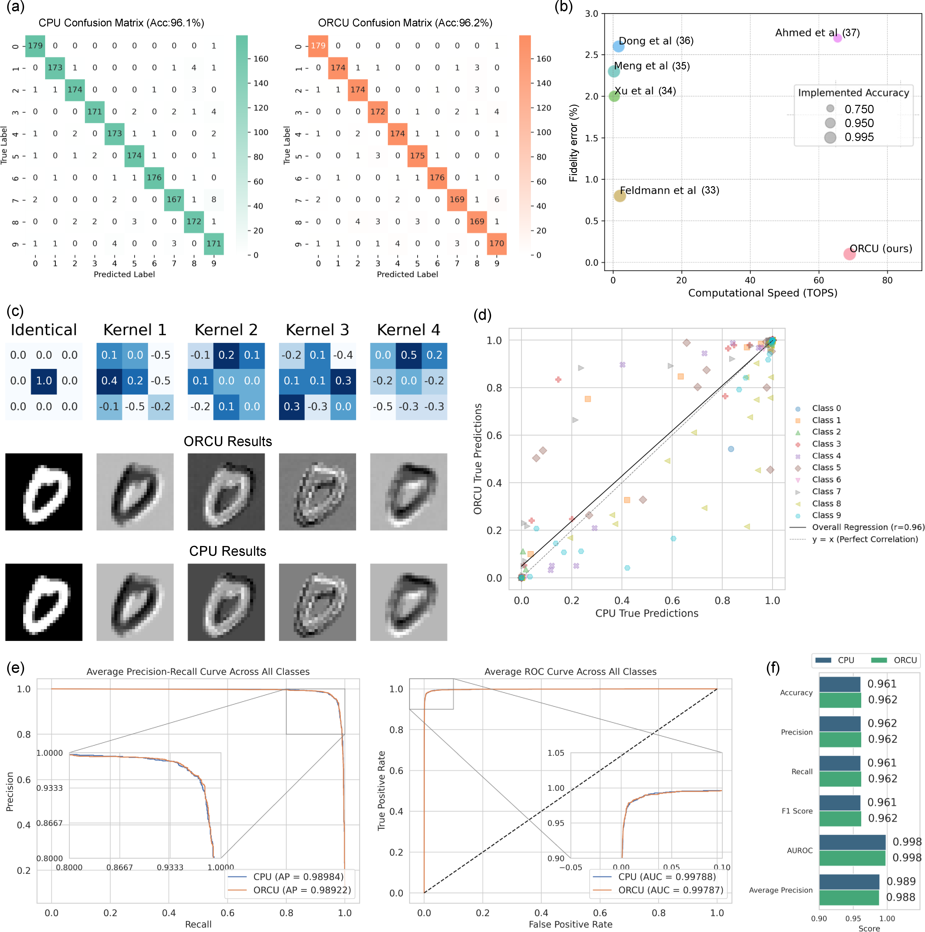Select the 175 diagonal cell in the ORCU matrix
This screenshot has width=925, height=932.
point(417,155)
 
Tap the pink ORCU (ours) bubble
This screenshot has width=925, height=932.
point(849,254)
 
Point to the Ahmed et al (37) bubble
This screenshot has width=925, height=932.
point(837,38)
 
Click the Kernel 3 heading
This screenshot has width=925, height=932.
point(317,330)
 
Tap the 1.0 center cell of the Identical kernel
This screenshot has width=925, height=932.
point(44,381)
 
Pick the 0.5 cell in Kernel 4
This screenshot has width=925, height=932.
point(408,355)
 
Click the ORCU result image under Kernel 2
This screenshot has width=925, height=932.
point(226,492)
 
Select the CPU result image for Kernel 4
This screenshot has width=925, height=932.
point(408,602)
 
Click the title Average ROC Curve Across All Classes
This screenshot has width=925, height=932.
point(570,672)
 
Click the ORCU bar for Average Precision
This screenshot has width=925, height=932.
point(849,897)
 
